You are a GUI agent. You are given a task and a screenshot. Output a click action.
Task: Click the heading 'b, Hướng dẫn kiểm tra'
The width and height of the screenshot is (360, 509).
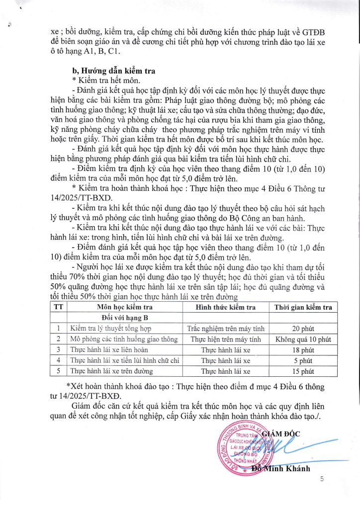(x=114, y=71)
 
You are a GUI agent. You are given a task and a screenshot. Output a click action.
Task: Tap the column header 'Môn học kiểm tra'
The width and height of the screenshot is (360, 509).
(x=124, y=307)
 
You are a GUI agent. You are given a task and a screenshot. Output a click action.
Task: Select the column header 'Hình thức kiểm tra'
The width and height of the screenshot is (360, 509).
(x=226, y=307)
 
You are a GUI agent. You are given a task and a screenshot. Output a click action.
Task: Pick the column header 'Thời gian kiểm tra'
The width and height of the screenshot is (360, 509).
(x=303, y=307)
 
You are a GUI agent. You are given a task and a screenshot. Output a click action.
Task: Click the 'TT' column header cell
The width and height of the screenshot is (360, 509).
(x=59, y=307)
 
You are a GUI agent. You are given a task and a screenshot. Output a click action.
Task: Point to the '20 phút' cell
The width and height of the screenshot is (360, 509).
(x=303, y=329)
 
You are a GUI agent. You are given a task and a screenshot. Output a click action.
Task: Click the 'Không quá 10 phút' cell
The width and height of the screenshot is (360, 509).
(x=303, y=339)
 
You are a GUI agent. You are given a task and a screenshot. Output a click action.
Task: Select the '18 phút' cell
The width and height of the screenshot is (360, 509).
(x=303, y=350)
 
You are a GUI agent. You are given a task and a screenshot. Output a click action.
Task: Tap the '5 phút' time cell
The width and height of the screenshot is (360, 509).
(x=303, y=360)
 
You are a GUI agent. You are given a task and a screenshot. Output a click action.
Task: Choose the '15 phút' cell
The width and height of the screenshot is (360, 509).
(x=303, y=371)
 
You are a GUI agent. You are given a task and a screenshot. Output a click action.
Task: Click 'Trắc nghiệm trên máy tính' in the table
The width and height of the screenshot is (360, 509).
(x=226, y=329)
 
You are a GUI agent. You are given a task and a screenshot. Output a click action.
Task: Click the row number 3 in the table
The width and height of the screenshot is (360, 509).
(x=59, y=350)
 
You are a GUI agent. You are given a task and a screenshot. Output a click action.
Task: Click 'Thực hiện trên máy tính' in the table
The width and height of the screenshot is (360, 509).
(x=226, y=339)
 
